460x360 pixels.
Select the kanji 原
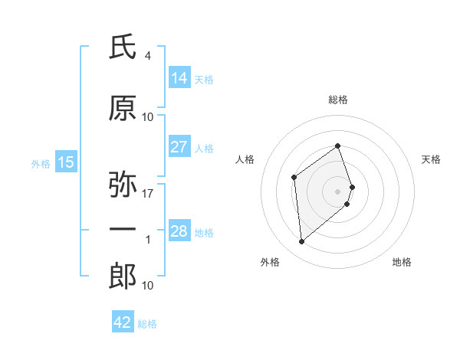click(x=123, y=109)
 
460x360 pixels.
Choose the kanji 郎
click(x=123, y=277)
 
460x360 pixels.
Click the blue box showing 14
click(x=179, y=78)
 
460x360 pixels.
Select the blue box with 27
click(x=179, y=147)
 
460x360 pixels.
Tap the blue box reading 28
click(x=179, y=231)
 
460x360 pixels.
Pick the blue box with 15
click(x=66, y=162)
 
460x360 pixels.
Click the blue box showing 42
click(x=123, y=322)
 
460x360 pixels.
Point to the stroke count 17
click(x=148, y=193)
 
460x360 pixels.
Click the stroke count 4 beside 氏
click(x=147, y=56)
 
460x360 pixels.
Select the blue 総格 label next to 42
click(x=147, y=324)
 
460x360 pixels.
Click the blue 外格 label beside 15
click(x=41, y=163)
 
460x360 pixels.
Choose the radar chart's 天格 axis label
click(x=431, y=159)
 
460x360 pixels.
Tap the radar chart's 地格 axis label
click(x=402, y=262)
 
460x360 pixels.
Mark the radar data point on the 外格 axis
click(x=301, y=242)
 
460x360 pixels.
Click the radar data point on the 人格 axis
click(x=294, y=178)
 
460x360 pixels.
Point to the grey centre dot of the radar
click(x=338, y=191)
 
